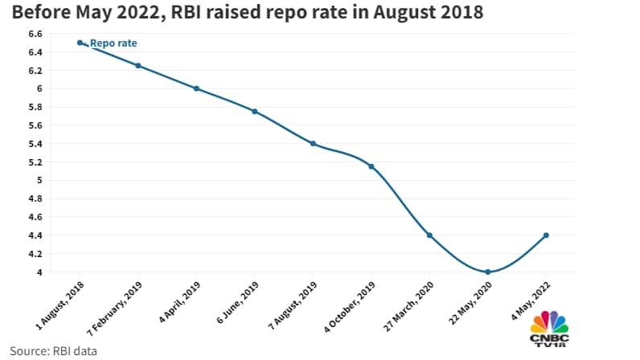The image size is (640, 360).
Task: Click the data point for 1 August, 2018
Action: coord(80,43)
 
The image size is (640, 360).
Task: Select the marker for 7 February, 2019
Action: coord(138,66)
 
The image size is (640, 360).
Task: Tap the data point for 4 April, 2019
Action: coord(196,88)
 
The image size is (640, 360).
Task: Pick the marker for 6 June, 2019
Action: coord(255,112)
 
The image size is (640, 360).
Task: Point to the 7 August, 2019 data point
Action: coord(313,144)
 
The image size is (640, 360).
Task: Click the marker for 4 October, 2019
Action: coord(371,166)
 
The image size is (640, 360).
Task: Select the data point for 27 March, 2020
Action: coord(429,235)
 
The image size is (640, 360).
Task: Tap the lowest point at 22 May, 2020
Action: coord(488,272)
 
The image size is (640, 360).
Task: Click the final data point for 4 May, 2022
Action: coord(546,235)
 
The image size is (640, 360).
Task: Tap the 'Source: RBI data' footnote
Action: coord(49,350)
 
